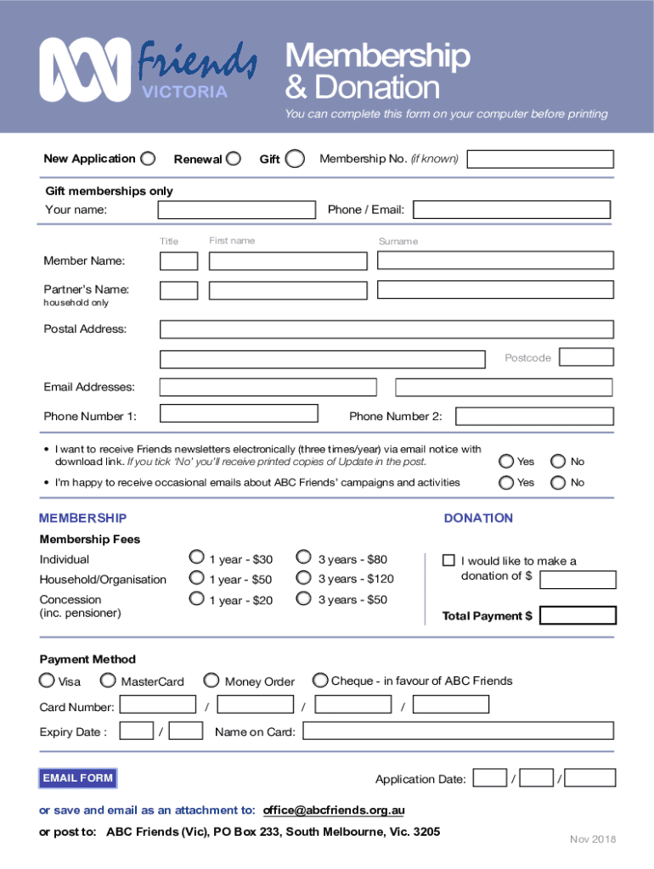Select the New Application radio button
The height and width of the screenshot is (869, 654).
point(148,159)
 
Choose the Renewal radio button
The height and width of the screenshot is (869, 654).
point(233,159)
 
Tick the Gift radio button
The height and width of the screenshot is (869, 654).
point(295,159)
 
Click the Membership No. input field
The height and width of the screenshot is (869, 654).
point(541,160)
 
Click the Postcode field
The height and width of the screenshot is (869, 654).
point(585,357)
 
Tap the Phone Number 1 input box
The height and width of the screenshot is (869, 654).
point(239,414)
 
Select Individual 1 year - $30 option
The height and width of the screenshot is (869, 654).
point(197,558)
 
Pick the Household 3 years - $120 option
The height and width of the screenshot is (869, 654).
point(303,578)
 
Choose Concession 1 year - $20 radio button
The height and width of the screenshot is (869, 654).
point(197,599)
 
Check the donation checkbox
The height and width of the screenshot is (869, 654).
point(449,560)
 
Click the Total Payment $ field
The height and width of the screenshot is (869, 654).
point(578,615)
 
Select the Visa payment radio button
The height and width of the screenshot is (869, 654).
point(47,680)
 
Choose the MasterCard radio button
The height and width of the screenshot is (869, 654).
point(109,680)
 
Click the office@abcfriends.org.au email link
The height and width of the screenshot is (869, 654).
point(334,810)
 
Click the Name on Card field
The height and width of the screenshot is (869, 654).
point(458,731)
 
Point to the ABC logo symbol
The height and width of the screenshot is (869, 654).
point(85,70)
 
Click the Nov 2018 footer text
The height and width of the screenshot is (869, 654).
point(593,839)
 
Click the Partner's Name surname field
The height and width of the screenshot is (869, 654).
point(494,290)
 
